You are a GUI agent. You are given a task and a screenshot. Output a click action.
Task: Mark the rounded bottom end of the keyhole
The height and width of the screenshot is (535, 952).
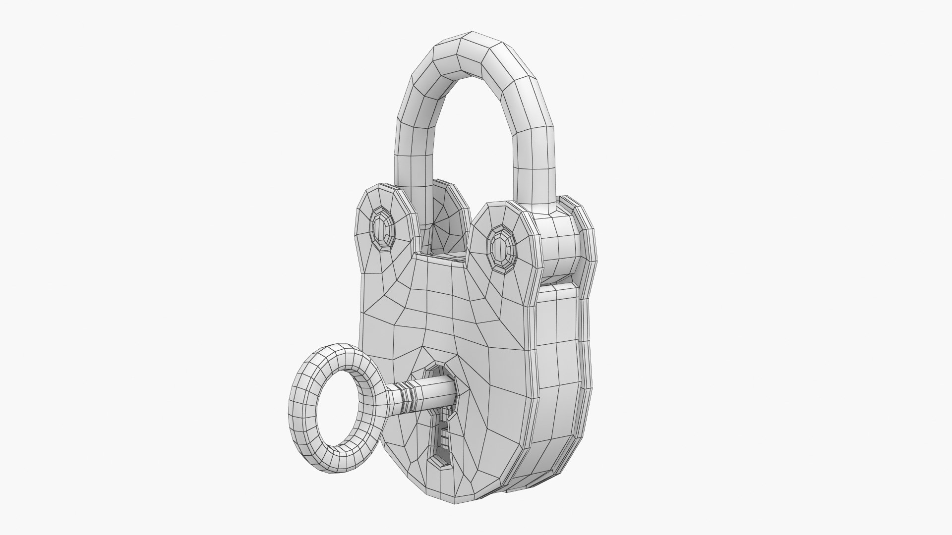tap(441, 463)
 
